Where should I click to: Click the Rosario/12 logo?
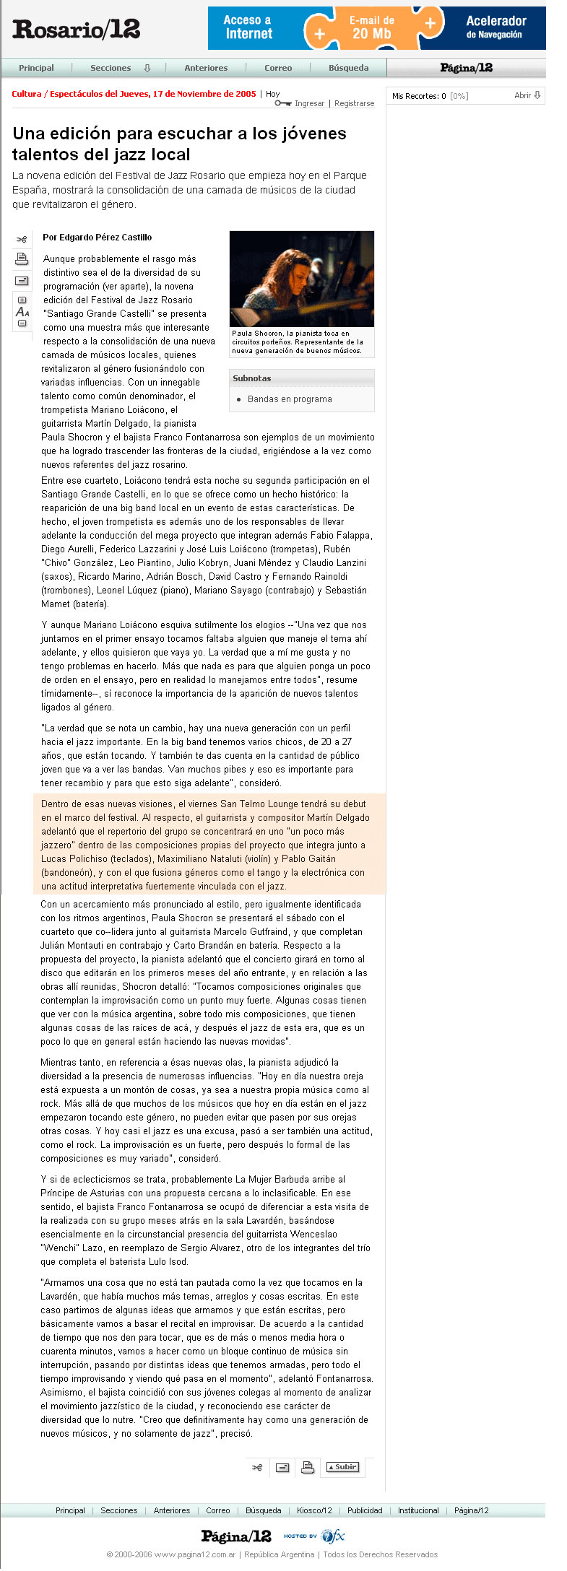[76, 29]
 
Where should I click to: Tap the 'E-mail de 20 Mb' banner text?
[371, 27]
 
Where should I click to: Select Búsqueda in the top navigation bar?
[348, 68]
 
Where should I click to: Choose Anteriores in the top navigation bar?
[206, 68]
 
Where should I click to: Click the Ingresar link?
[309, 103]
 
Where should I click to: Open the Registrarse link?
[354, 103]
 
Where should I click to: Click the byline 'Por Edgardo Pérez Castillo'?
[97, 237]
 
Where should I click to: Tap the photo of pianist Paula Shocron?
[301, 279]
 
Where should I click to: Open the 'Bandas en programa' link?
[290, 399]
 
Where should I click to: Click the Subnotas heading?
[251, 378]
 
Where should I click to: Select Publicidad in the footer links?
[365, 1510]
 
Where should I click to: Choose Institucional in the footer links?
[418, 1510]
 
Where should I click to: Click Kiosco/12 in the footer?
[314, 1510]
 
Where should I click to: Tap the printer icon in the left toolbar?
[22, 259]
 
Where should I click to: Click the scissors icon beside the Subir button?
[257, 1467]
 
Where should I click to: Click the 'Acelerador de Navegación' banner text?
[495, 27]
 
